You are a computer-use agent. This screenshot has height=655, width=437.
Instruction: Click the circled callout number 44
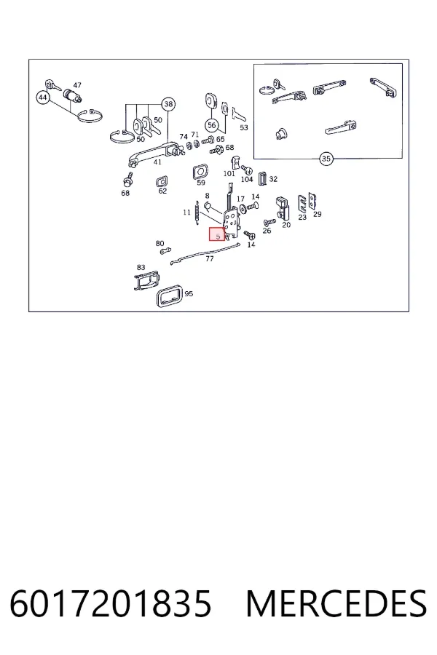(43, 98)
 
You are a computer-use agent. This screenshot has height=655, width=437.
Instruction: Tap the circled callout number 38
(168, 104)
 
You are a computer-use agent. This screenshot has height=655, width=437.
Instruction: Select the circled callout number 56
(212, 125)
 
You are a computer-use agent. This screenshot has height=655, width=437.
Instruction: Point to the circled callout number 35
(326, 159)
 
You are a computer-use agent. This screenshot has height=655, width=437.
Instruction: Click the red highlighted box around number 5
(217, 234)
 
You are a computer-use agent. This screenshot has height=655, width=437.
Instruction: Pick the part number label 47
(77, 85)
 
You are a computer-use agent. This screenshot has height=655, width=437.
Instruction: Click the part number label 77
(210, 259)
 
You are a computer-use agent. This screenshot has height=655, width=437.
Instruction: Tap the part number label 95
(189, 294)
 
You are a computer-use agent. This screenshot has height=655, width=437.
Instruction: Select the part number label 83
(141, 267)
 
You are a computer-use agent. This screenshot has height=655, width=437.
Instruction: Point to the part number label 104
(247, 179)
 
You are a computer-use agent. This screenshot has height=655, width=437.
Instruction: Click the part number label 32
(273, 179)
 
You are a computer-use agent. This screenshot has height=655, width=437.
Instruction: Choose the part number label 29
(318, 214)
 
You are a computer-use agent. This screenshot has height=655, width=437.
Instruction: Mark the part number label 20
(286, 225)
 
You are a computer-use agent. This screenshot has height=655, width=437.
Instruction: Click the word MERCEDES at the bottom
(336, 603)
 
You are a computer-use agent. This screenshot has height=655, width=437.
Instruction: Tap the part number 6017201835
(111, 603)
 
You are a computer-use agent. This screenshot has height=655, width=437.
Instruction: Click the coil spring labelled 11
(197, 215)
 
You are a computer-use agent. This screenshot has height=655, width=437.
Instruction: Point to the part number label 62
(162, 191)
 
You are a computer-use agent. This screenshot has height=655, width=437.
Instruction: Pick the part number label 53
(244, 127)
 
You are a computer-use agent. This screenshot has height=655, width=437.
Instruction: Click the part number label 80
(160, 244)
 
